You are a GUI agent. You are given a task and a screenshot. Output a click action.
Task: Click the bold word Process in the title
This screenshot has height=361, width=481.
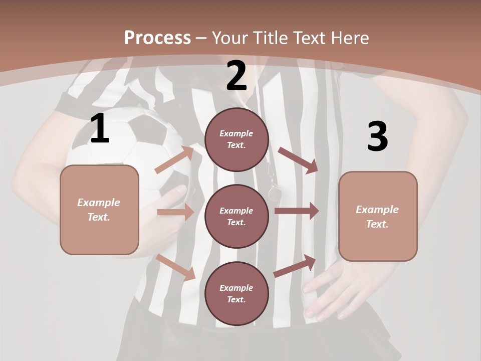[x=157, y=38]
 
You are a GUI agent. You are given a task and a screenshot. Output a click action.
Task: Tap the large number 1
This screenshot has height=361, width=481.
[x=100, y=129]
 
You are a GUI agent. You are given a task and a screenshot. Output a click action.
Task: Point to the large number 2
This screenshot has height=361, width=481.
[x=236, y=76]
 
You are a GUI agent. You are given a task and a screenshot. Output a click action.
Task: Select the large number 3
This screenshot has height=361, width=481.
[x=377, y=137]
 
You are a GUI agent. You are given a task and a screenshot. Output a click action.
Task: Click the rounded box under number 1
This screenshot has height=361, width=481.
[x=99, y=210]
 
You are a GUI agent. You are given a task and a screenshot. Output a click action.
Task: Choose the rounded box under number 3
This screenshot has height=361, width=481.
[x=378, y=216]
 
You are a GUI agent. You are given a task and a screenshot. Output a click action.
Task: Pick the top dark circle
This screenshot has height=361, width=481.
[x=236, y=139]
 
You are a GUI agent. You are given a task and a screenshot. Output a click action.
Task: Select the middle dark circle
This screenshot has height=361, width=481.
[x=236, y=216]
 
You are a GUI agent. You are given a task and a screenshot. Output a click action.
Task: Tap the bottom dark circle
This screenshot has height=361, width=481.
[x=236, y=293]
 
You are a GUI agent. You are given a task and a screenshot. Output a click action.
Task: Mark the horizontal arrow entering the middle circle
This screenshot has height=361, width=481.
[x=175, y=212]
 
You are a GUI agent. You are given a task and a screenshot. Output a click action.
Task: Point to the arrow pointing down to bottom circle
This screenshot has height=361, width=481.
[x=176, y=267]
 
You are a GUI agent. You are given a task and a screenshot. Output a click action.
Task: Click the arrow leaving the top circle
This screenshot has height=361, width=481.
[x=298, y=160]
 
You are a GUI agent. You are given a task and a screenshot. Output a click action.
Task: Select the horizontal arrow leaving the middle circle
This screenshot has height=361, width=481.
[x=296, y=211]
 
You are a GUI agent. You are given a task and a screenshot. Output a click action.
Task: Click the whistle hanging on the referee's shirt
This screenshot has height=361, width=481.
[x=275, y=192]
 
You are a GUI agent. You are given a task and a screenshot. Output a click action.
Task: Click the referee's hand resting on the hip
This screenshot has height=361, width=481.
[x=331, y=291]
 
